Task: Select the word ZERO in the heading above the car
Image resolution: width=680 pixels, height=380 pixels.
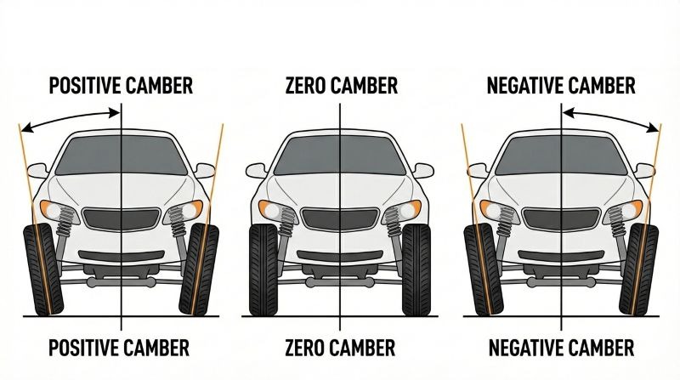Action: [x=305, y=86]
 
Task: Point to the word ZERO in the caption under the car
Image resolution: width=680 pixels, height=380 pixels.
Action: [x=305, y=349]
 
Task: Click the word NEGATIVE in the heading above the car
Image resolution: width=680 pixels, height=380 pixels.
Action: [x=526, y=86]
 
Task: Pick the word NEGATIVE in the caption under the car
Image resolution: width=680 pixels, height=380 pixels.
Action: [x=526, y=349]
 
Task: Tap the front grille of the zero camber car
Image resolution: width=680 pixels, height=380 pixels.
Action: [x=339, y=219]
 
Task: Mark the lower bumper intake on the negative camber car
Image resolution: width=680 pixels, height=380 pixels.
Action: [x=560, y=255]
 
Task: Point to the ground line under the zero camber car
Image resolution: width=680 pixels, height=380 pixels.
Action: [x=339, y=317]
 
